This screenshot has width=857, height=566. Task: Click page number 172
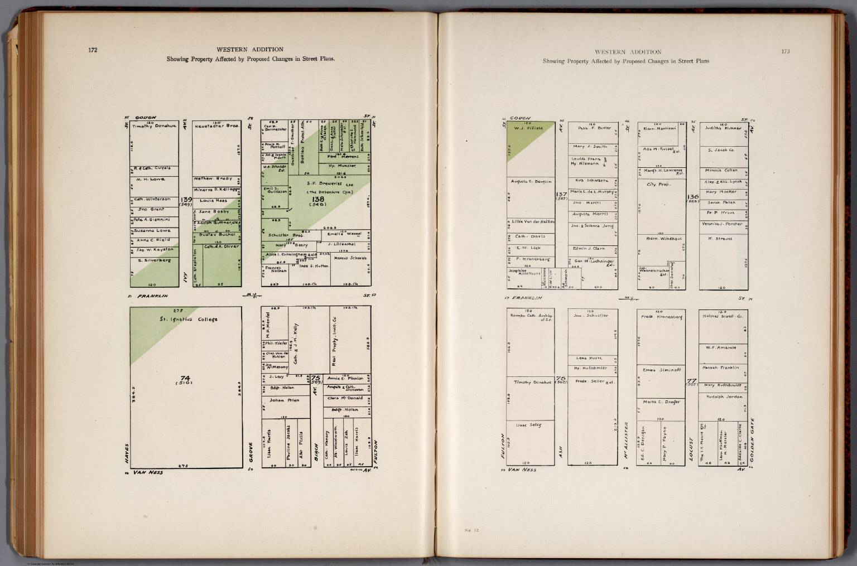pyautogui.click(x=93, y=50)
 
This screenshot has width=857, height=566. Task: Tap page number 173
pyautogui.click(x=785, y=52)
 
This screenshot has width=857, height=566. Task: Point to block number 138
pyautogui.click(x=318, y=199)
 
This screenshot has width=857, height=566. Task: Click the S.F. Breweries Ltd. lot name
pyautogui.click(x=324, y=184)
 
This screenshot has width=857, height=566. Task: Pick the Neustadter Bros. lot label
pyautogui.click(x=217, y=127)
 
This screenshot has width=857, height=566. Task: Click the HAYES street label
pyautogui.click(x=127, y=453)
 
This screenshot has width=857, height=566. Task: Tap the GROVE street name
pyautogui.click(x=251, y=452)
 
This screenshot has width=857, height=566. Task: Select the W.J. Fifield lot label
pyautogui.click(x=528, y=129)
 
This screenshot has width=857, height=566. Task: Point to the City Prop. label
pyautogui.click(x=658, y=184)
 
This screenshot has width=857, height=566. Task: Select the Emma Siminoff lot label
pyautogui.click(x=662, y=370)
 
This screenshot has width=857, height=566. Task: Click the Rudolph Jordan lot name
pyautogui.click(x=724, y=396)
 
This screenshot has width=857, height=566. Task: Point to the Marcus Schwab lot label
pyautogui.click(x=350, y=258)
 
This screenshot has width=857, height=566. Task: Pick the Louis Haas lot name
pyautogui.click(x=214, y=201)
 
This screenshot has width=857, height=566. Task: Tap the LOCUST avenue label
pyautogui.click(x=691, y=449)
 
